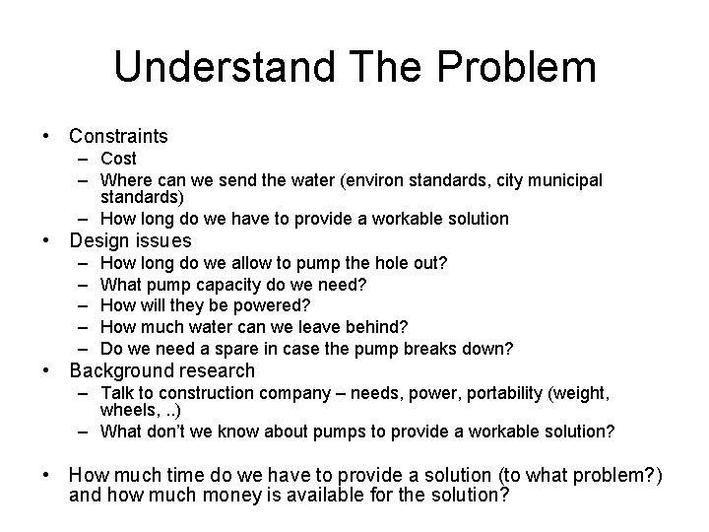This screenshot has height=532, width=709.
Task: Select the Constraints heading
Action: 118,136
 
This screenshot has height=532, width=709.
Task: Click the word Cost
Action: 119,159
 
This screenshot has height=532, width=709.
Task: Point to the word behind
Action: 379,327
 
